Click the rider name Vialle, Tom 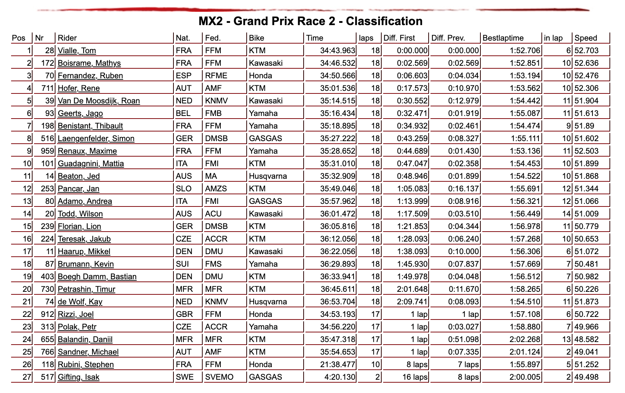coord(77,51)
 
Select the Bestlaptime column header coord(503,38)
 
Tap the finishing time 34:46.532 coord(338,63)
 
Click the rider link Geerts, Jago coord(80,113)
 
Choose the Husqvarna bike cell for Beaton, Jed coord(268,176)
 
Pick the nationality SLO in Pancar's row coord(184,189)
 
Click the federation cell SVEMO coord(219,377)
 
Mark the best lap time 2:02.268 coord(525,339)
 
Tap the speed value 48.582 coord(586,339)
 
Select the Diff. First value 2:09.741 coord(412,302)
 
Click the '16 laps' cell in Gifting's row coord(415,377)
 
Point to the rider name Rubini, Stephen coord(86,365)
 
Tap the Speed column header coord(586,38)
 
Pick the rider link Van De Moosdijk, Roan coord(99,101)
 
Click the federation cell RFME coord(216,76)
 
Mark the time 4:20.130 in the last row coord(340,377)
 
